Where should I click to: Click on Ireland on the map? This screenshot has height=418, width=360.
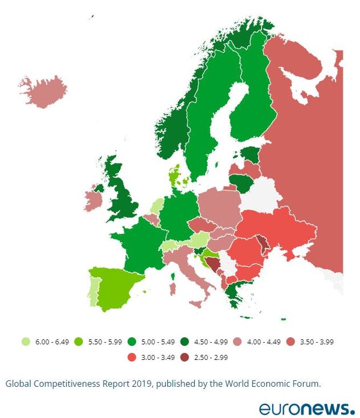tap(92, 199)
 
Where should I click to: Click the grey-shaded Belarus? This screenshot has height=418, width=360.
tap(261, 194)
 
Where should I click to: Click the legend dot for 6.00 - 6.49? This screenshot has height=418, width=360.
tap(25, 342)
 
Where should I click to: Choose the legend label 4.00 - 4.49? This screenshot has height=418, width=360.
tap(264, 342)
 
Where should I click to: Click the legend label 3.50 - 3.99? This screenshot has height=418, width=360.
tap(317, 342)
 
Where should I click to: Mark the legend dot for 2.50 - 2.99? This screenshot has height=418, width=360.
tap(184, 357)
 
